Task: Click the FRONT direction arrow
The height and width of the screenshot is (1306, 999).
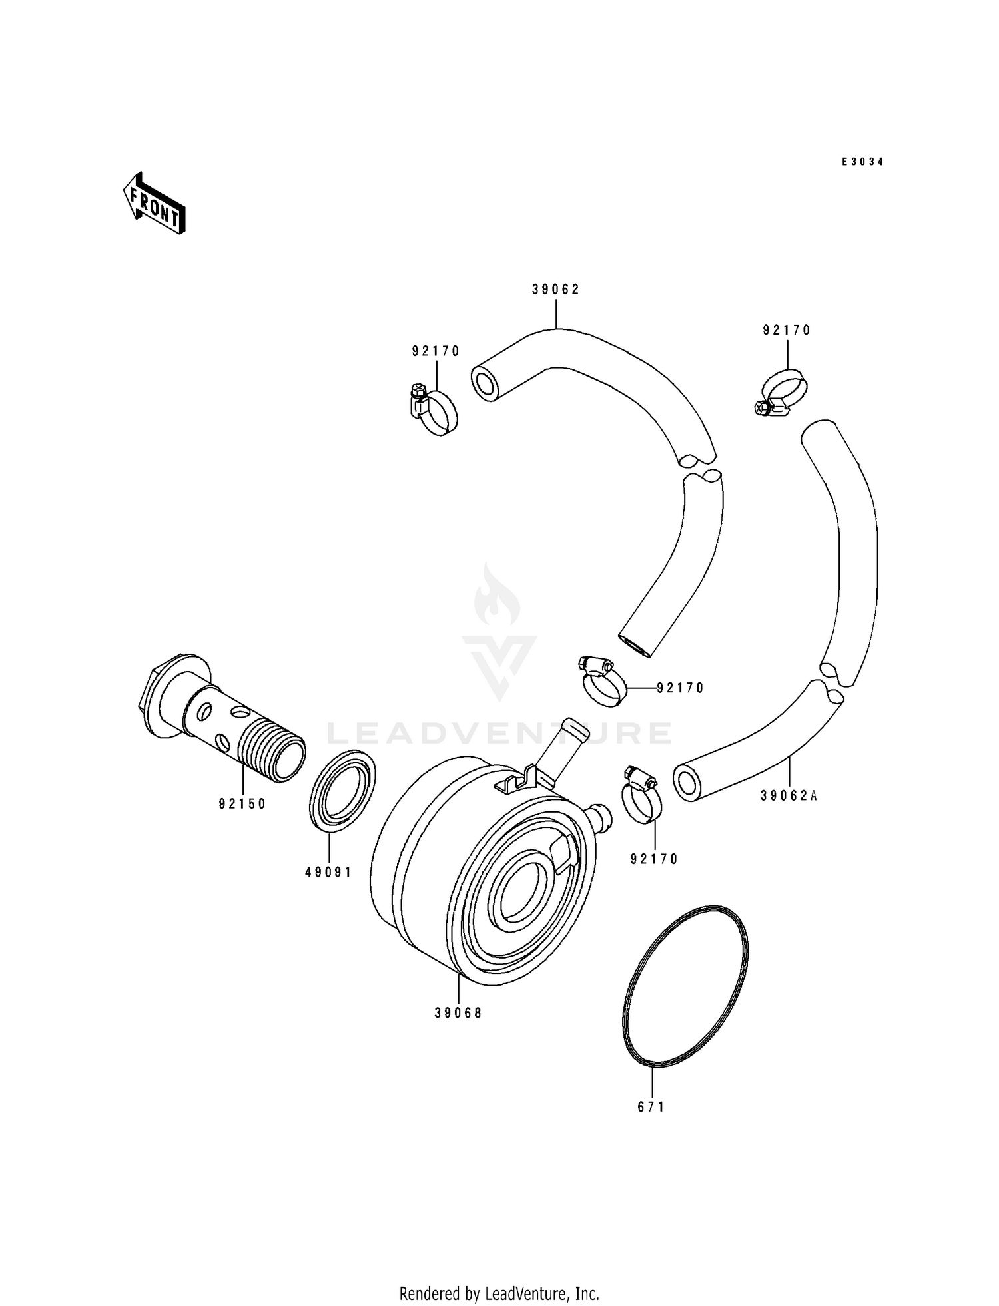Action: point(153,202)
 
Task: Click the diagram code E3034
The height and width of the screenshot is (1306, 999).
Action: point(862,162)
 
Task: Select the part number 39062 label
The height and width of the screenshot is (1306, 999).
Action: point(556,289)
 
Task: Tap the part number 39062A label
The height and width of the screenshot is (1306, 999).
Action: point(789,795)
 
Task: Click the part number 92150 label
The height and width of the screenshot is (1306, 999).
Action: point(242,804)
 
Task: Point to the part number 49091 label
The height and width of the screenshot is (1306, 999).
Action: point(328,872)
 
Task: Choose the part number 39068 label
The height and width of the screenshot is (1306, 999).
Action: point(458,1013)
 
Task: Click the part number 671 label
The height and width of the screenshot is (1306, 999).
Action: point(651,1107)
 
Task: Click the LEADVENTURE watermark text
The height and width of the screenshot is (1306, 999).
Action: point(499,733)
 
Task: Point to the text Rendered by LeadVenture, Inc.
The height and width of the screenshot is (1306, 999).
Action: point(499,1293)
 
